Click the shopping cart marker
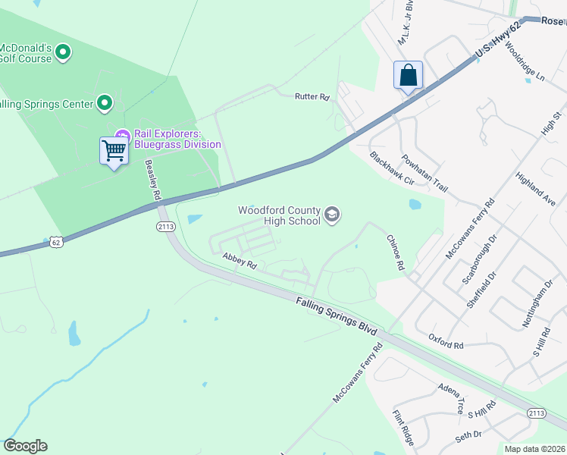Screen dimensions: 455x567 [114, 151]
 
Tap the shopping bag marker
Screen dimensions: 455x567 [408, 76]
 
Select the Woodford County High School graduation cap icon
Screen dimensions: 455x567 [331, 215]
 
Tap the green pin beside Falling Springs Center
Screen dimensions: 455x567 [105, 103]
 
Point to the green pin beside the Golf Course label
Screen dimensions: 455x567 [63, 52]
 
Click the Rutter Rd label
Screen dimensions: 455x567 [313, 97]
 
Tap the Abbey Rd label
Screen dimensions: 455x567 [240, 262]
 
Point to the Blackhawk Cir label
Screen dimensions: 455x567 [392, 169]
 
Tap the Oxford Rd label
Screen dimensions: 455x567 [445, 341]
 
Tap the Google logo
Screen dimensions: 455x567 [25, 446]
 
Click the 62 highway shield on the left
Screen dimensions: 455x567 [55, 241]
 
